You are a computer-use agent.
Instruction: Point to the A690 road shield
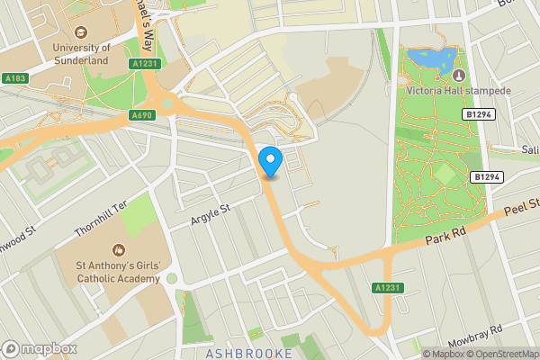click(x=141, y=115)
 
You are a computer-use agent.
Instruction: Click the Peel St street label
click(x=520, y=212)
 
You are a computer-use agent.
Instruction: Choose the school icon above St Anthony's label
click(x=117, y=249)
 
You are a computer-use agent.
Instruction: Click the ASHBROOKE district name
click(x=248, y=353)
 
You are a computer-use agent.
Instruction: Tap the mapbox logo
click(x=40, y=349)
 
